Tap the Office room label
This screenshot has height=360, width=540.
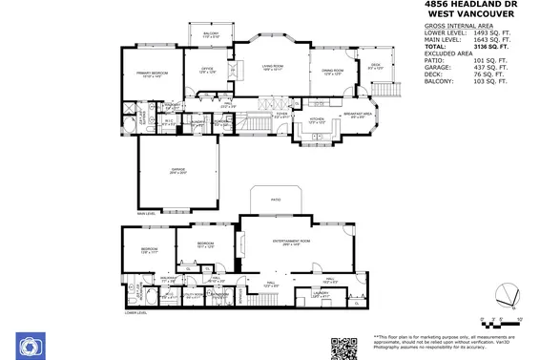click(x=206, y=70)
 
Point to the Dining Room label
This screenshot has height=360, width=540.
click(x=332, y=71)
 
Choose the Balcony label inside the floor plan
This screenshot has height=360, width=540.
click(x=211, y=35)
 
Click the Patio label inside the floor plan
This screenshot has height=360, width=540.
click(x=275, y=200)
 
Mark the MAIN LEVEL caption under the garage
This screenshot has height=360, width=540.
click(x=146, y=214)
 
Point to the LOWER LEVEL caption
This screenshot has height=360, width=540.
click(x=136, y=312)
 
